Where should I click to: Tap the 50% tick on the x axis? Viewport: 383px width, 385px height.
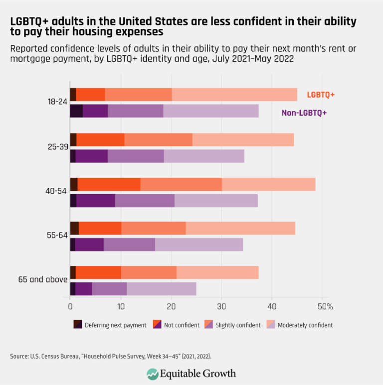click(324, 305)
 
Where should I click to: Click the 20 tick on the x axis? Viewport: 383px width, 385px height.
click(171, 305)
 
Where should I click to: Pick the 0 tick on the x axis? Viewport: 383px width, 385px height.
click(70, 305)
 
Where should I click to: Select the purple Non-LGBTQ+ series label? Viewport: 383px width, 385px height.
click(304, 113)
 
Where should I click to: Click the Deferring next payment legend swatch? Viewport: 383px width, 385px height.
click(77, 325)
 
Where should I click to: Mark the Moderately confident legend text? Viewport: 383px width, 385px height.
click(305, 325)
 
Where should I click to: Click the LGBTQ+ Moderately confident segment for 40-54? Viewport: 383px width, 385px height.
click(268, 184)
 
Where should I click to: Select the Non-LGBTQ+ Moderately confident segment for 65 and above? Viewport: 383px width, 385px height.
click(162, 288)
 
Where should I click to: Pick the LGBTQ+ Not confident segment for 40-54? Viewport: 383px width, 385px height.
click(109, 184)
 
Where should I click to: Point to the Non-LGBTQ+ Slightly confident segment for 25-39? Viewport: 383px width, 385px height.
click(136, 156)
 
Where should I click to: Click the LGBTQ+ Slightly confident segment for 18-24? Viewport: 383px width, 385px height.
click(138, 94)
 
